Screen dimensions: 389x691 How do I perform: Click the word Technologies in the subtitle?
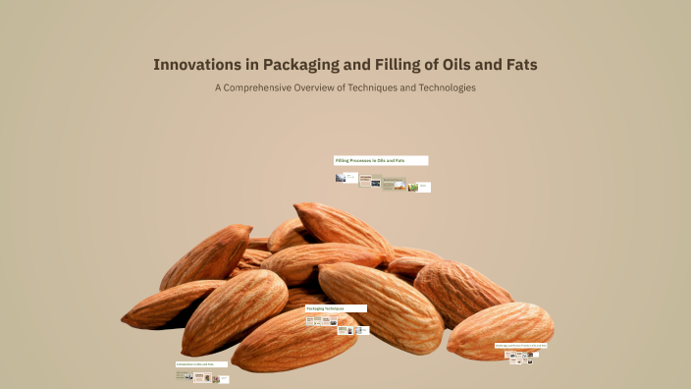(x=452, y=88)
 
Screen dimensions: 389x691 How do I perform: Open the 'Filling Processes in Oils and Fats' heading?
(x=381, y=160)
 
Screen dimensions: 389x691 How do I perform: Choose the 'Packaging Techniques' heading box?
(x=336, y=308)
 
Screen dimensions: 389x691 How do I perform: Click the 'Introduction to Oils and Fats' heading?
(x=201, y=364)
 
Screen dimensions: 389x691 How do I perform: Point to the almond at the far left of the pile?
(x=167, y=306)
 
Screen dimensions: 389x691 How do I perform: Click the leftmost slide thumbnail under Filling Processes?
(x=341, y=178)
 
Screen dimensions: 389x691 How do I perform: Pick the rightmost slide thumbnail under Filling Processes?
(x=424, y=187)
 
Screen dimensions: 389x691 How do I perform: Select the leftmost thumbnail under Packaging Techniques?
(x=310, y=320)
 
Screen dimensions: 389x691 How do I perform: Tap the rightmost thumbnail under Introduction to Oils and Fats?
(x=224, y=379)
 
